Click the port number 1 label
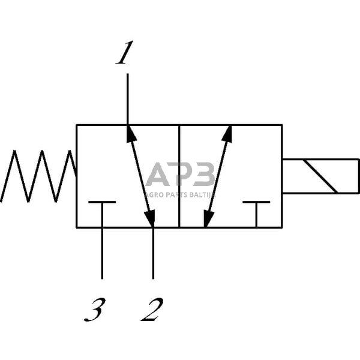[124, 53]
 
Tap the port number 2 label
[152, 310]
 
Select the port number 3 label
[95, 310]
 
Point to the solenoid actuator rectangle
[320, 176]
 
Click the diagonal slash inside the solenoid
[320, 176]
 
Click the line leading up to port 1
[127, 99]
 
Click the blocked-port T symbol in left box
[102, 207]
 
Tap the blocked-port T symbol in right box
[256, 207]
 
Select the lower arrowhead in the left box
[150, 219]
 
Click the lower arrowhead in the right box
[208, 219]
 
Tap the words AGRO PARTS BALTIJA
[180, 194]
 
